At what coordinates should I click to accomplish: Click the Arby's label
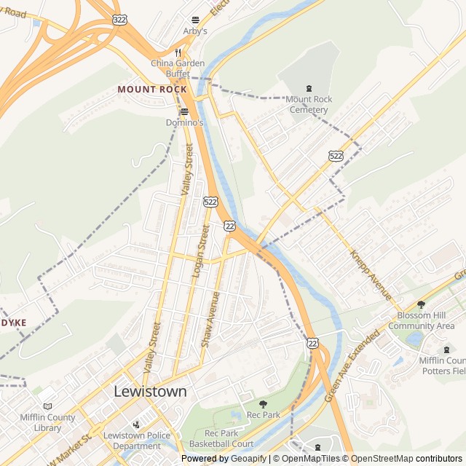pyautogui.click(x=194, y=31)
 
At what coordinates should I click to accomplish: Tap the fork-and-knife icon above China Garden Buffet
pyautogui.click(x=177, y=52)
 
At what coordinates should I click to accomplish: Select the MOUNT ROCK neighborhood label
pyautogui.click(x=152, y=89)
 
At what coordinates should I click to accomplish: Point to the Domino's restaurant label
pyautogui.click(x=184, y=123)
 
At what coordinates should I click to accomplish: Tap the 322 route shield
pyautogui.click(x=119, y=18)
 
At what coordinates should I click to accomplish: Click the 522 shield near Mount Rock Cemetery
pyautogui.click(x=336, y=156)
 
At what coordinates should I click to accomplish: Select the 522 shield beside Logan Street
pyautogui.click(x=210, y=202)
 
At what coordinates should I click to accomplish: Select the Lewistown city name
pyautogui.click(x=150, y=391)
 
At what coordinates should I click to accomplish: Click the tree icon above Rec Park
pyautogui.click(x=263, y=404)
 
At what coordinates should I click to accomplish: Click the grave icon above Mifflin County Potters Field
pyautogui.click(x=446, y=350)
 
